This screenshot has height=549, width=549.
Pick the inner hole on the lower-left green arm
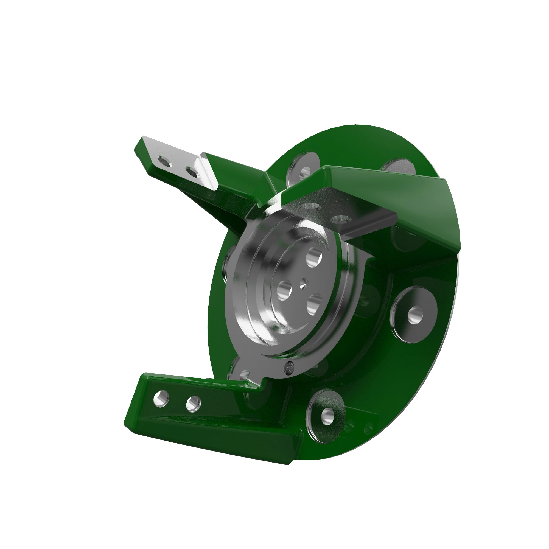(193, 404)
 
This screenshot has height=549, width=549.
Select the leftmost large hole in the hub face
(284, 290)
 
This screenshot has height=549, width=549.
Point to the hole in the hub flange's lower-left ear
(244, 374)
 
